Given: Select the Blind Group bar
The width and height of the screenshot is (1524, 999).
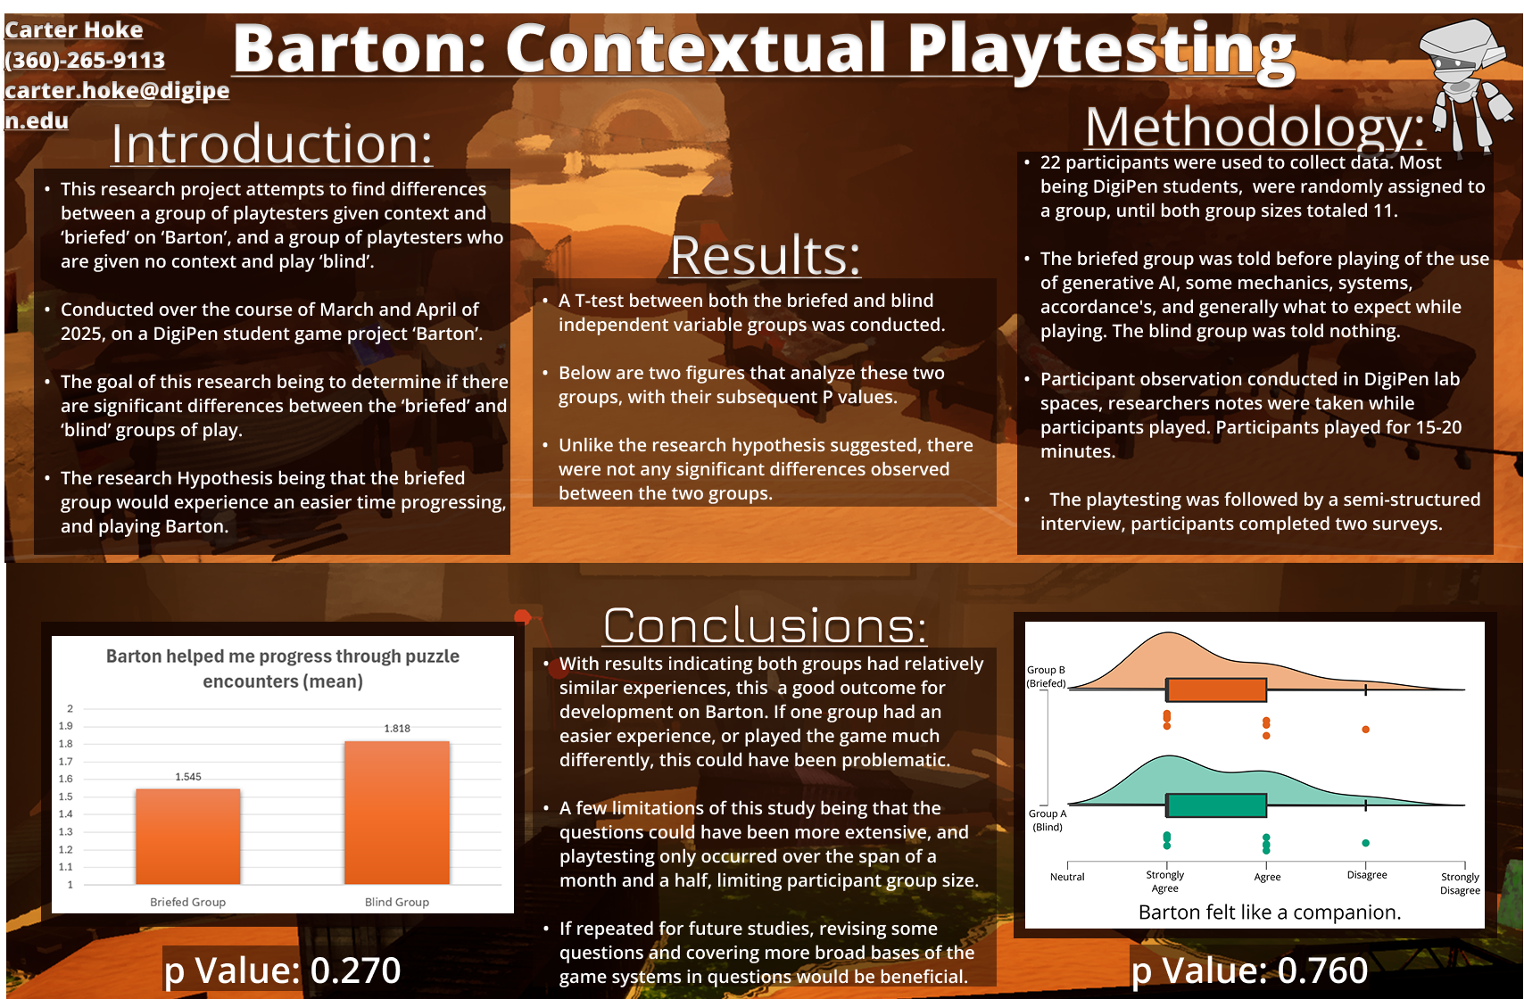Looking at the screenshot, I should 397,813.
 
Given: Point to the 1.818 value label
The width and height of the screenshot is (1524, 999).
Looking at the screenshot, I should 397,729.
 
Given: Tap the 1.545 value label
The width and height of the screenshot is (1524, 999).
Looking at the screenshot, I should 188,777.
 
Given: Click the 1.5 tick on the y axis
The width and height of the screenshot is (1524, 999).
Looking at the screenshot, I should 66,797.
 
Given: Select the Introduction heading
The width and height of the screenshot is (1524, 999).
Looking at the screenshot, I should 272,144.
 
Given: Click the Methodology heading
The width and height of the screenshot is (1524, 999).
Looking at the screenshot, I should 1255,128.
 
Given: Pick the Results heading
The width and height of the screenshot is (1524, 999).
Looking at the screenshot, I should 766,256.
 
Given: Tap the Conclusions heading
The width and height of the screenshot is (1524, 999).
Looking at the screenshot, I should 765,625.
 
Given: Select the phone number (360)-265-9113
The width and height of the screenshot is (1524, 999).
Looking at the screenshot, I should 86,60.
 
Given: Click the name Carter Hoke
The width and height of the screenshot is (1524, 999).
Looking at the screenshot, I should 74,29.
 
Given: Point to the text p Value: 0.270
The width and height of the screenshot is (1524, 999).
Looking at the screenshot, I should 283,970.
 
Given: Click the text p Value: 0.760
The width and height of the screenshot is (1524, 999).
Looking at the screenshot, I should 1249,970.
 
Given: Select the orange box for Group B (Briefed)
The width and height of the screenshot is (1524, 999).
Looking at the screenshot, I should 1217,689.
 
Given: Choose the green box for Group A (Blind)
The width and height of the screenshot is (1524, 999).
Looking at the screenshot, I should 1217,805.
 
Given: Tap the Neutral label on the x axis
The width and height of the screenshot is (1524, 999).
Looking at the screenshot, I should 1067,877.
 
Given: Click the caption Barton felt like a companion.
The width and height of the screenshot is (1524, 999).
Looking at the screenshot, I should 1270,912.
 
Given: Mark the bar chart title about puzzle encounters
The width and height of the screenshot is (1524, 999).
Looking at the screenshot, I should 283,668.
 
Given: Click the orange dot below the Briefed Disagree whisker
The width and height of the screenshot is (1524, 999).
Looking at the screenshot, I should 1366,730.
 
